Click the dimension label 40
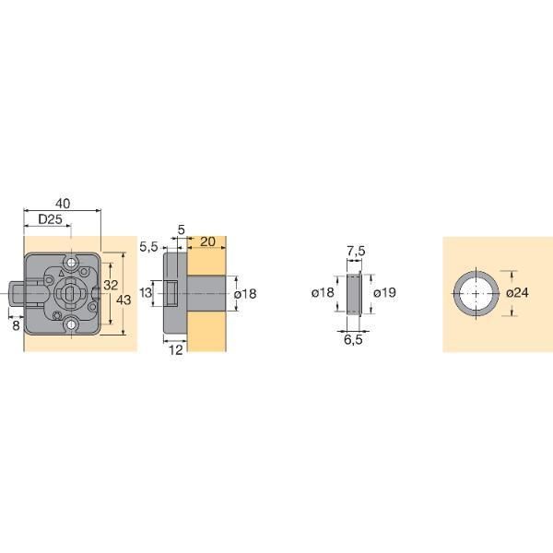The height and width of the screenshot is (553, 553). tap(63, 204)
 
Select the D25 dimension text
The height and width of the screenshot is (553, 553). tap(50, 219)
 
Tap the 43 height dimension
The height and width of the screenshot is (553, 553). tap(124, 300)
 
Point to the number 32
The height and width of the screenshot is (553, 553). tap(111, 285)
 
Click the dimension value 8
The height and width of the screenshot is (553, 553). tap(16, 325)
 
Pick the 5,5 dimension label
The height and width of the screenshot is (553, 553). tap(148, 247)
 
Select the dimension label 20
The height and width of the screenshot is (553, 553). tap(207, 241)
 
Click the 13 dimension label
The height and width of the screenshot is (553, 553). tap(146, 292)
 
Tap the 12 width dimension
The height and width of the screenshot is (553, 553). tap(176, 350)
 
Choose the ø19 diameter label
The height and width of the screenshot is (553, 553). tap(384, 293)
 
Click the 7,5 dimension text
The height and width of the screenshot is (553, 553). tap(356, 252)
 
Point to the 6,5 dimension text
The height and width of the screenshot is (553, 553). tap(353, 339)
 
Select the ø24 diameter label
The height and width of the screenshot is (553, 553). tap(517, 293)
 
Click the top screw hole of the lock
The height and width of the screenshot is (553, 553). tap(72, 263)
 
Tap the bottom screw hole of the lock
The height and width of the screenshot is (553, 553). tap(72, 324)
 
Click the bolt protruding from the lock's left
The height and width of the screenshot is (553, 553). tap(17, 293)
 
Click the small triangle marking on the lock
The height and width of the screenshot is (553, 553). tap(62, 273)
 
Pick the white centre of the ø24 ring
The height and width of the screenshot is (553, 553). tap(477, 293)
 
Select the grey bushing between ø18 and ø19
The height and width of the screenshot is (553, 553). tap(354, 293)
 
